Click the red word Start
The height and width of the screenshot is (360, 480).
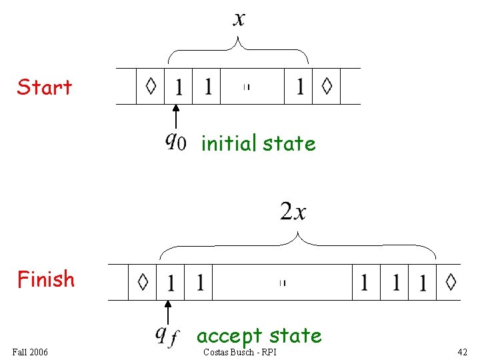click(45, 87)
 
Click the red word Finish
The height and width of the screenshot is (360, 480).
click(46, 279)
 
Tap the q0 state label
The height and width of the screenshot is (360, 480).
click(176, 142)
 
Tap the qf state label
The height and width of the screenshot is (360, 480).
click(167, 336)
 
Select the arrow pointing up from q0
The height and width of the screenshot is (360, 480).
click(176, 117)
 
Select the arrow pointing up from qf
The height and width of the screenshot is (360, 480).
click(168, 313)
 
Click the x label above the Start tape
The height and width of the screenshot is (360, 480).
click(239, 19)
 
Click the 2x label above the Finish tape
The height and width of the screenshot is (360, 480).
click(293, 211)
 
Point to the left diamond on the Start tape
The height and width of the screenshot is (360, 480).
click(151, 86)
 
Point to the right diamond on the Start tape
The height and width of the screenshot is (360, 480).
click(327, 86)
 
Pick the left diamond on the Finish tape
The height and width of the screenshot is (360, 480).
click(143, 282)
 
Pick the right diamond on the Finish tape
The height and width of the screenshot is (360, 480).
click(451, 282)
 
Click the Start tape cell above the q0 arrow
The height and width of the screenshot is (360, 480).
click(179, 86)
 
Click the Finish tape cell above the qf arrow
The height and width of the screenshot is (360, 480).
click(171, 282)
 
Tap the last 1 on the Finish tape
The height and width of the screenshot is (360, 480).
click(423, 283)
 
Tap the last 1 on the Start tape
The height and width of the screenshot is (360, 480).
click(300, 86)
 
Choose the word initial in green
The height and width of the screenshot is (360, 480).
click(229, 143)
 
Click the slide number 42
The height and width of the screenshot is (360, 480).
click(462, 352)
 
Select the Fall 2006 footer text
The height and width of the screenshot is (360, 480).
click(30, 352)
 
